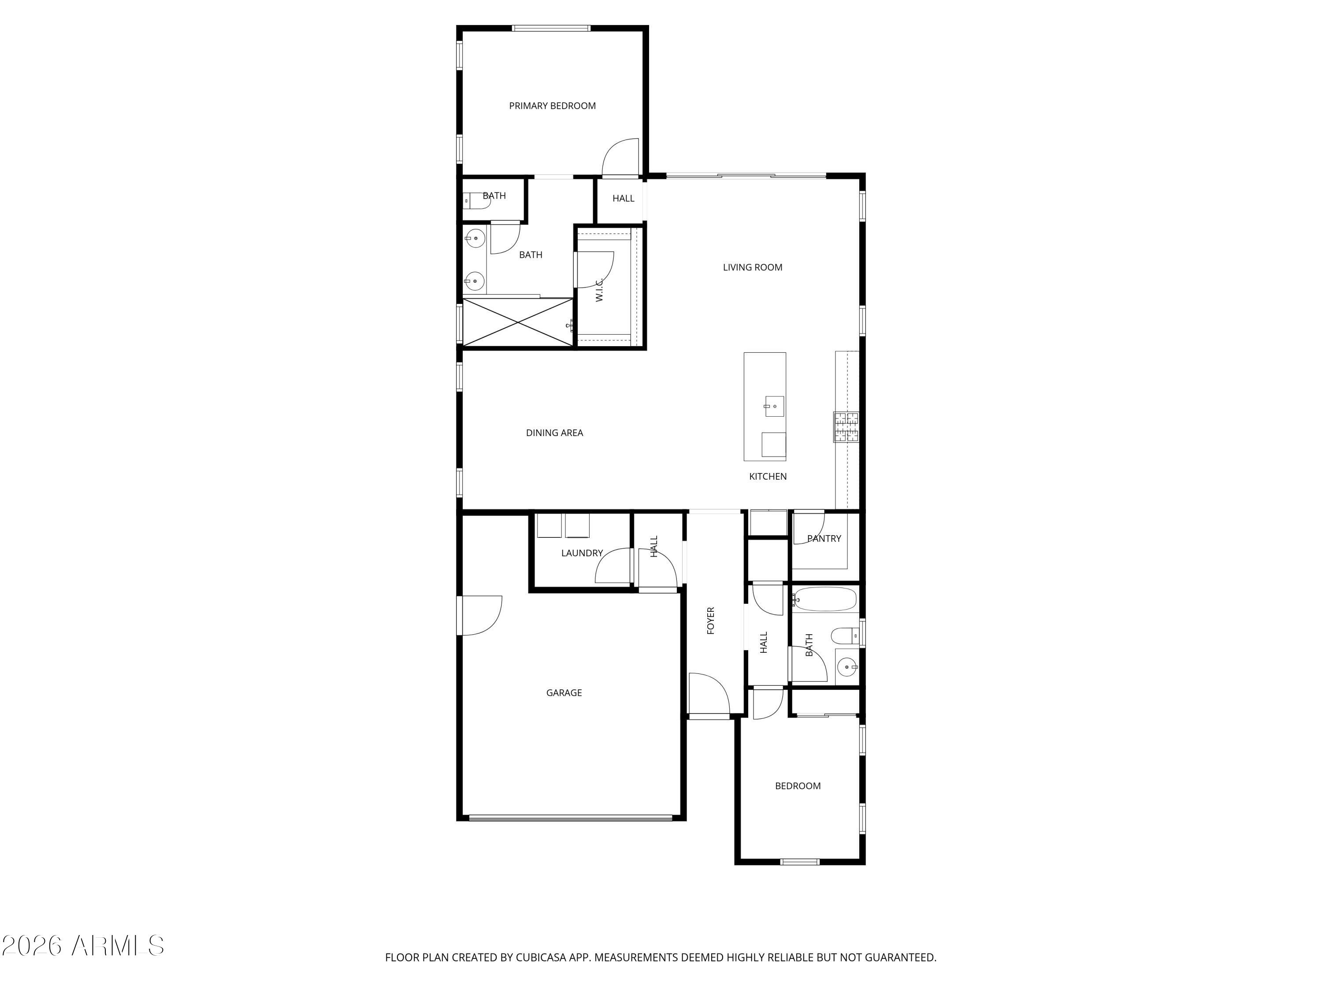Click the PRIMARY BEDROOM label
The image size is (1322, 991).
pos(552,106)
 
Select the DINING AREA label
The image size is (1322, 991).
pos(554,433)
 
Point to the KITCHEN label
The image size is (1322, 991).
pos(767,476)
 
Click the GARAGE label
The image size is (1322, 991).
pos(564,692)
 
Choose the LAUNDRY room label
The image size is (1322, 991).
pos(582,553)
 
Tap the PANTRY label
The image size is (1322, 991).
pos(824,538)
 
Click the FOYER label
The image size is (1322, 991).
pos(711,620)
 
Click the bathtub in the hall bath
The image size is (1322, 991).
pos(825,599)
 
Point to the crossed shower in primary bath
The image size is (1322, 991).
pos(518,322)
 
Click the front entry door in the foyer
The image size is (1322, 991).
pos(709,695)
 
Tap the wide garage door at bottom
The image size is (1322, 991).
pos(570,818)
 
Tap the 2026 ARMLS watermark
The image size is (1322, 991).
pos(83,946)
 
